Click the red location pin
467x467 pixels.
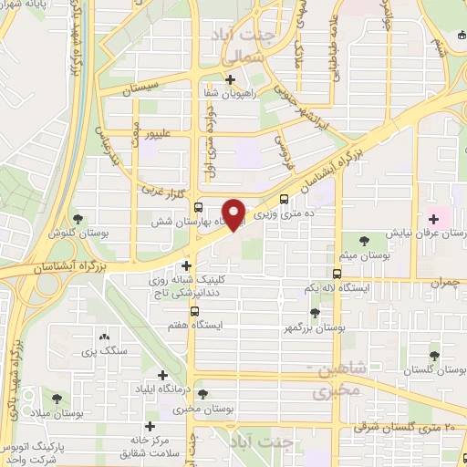(x=234, y=213)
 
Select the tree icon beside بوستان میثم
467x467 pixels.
(x=365, y=241)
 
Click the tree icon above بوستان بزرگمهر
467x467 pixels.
(x=315, y=313)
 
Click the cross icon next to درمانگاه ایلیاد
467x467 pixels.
(x=163, y=375)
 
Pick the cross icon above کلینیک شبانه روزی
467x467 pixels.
(x=186, y=265)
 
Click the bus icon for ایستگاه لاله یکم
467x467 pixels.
(x=337, y=274)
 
